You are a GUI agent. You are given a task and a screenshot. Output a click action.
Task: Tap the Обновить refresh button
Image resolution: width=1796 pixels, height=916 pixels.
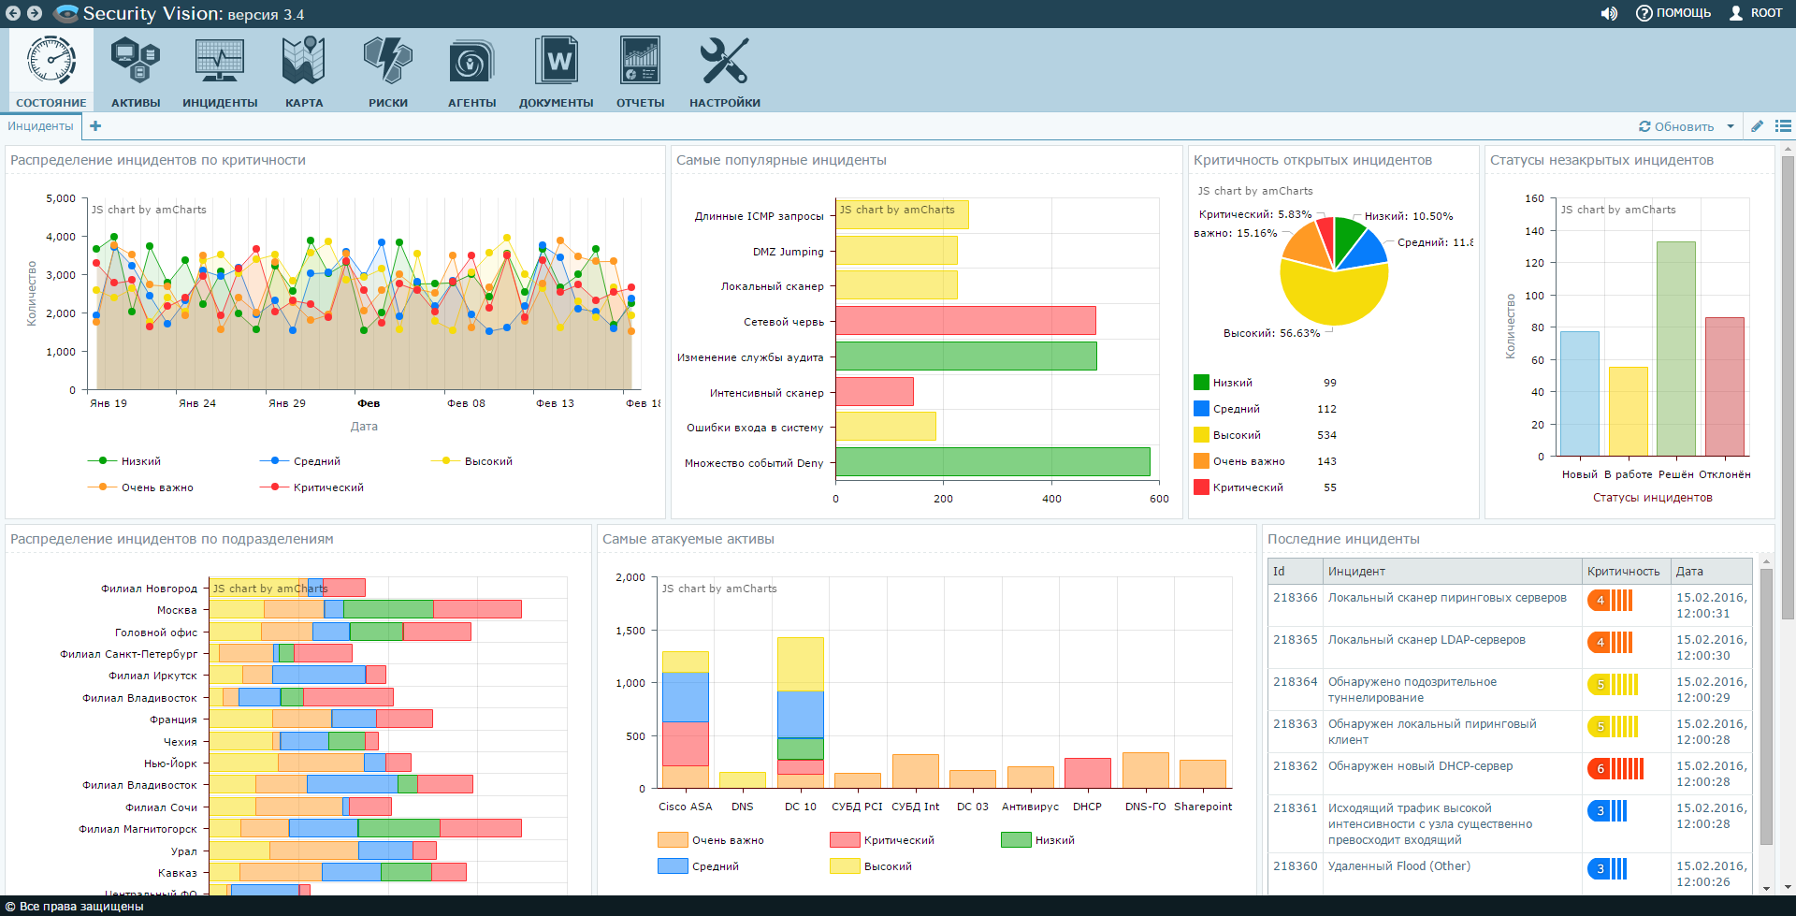(1676, 126)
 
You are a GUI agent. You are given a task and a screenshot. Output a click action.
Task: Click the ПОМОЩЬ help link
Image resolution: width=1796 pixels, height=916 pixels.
(1673, 13)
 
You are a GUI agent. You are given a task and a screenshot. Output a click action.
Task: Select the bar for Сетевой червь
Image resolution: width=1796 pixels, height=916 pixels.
(965, 321)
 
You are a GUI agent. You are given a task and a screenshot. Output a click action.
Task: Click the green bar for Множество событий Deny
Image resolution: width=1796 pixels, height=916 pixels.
(992, 462)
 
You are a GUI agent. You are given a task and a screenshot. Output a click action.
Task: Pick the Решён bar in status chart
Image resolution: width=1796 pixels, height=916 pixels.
(1675, 348)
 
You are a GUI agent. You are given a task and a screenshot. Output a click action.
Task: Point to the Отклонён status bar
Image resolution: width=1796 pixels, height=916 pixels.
(1724, 386)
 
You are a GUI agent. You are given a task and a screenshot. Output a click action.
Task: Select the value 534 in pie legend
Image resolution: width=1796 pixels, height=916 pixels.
(1326, 435)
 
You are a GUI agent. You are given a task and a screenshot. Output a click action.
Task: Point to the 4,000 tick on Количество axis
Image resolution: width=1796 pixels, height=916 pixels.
(61, 237)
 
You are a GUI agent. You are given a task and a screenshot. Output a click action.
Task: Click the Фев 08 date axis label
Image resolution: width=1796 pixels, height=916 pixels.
(466, 403)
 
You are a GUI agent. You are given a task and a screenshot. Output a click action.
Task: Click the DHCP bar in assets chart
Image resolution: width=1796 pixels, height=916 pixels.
(1088, 773)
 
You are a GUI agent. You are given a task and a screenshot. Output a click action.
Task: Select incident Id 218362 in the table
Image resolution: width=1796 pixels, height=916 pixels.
(1295, 766)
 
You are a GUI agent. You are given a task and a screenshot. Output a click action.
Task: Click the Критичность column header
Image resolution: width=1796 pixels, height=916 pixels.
(1623, 572)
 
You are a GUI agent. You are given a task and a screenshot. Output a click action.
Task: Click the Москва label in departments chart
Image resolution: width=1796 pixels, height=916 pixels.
(177, 610)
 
